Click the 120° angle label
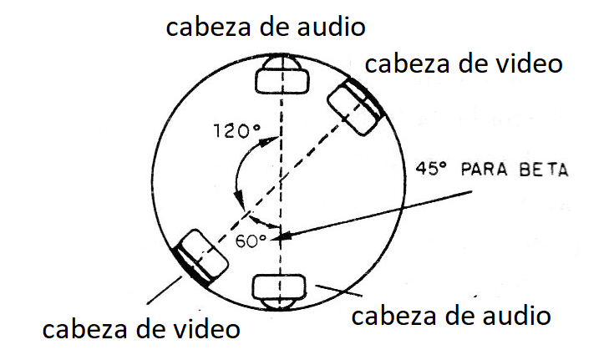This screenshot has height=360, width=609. point(236,130)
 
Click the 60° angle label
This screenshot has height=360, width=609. point(251,241)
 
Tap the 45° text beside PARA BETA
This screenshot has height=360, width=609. point(431,169)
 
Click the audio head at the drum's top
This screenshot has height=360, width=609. point(282,74)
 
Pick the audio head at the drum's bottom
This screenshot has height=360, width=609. point(279,292)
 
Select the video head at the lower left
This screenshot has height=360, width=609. point(200,257)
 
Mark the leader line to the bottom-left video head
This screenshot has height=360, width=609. point(165,290)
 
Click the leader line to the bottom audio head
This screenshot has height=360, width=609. point(338,291)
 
